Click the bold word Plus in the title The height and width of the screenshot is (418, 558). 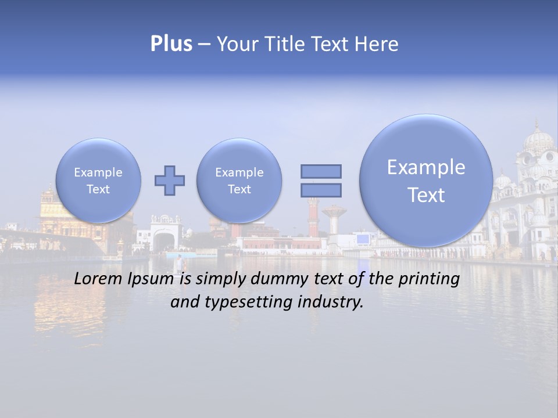[171, 44]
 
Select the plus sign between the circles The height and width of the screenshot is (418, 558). [169, 181]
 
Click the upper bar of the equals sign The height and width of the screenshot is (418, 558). [321, 171]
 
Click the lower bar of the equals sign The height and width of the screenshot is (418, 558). [321, 190]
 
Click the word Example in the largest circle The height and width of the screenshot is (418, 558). [426, 167]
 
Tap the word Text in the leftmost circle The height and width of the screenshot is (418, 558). [98, 189]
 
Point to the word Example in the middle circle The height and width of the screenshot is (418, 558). [239, 172]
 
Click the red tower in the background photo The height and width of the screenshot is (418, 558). [313, 218]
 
